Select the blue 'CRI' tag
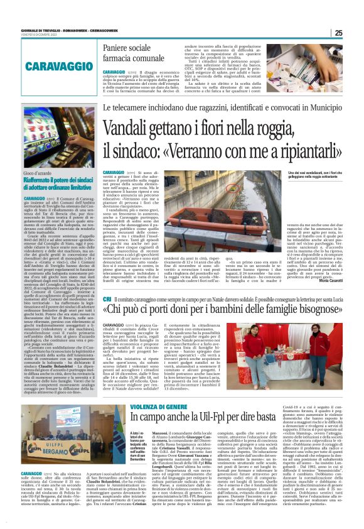point(107,300)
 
